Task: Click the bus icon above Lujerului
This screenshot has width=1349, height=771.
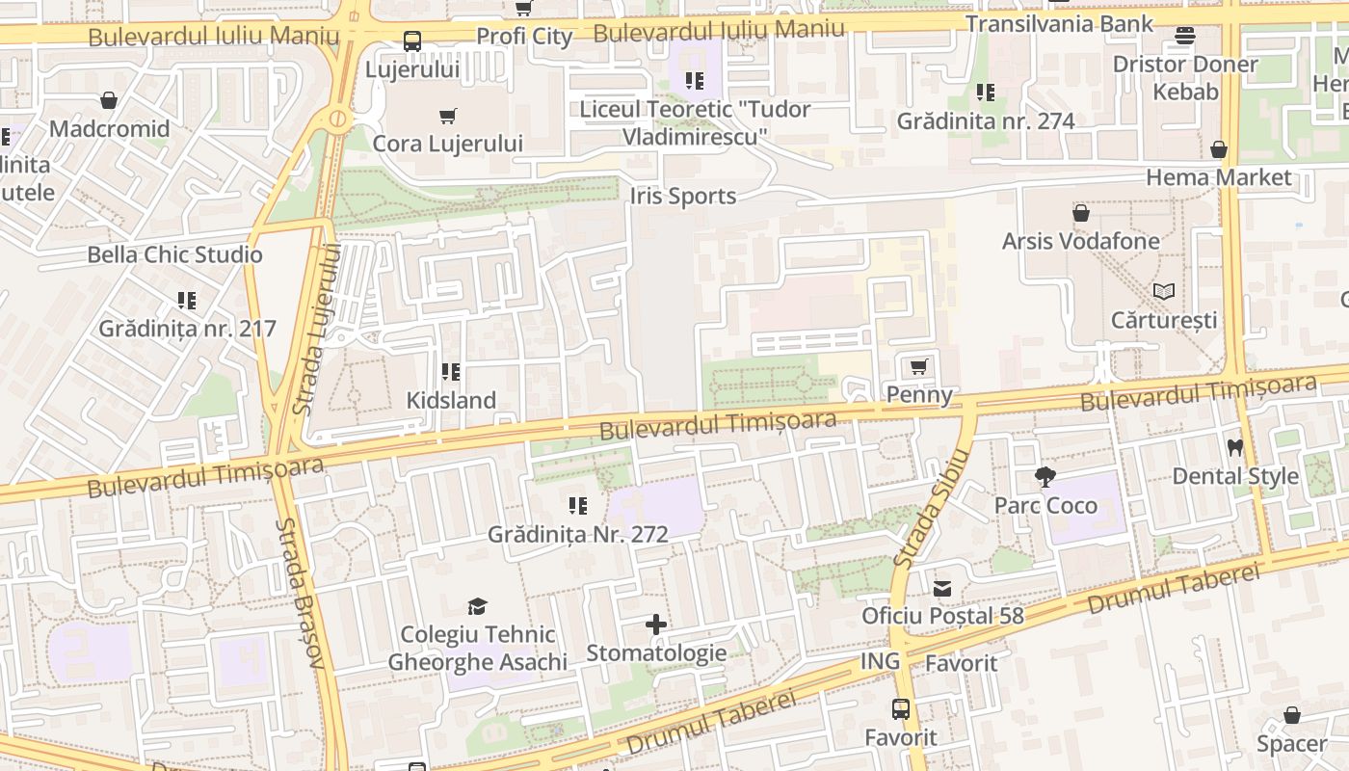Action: [x=411, y=41]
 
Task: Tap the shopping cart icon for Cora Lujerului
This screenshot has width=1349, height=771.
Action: [x=447, y=117]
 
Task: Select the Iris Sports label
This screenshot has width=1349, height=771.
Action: [x=682, y=197]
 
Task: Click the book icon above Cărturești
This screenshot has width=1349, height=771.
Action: [x=1164, y=291]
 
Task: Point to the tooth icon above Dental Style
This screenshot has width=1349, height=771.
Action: [x=1234, y=448]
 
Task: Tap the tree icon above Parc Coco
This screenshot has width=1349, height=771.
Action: [x=1045, y=477]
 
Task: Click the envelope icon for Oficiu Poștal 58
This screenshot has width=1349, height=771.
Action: [x=941, y=588]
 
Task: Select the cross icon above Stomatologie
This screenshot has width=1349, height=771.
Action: [x=656, y=625]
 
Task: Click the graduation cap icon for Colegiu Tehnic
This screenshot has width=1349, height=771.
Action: [x=477, y=606]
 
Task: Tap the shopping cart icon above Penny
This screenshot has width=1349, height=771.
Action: [x=918, y=367]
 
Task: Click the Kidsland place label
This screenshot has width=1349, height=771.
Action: [x=451, y=400]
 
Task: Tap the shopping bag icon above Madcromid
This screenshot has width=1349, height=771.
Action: [x=109, y=100]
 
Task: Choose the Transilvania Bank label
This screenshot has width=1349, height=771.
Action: [x=1059, y=24]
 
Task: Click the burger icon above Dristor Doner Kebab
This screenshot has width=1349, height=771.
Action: [x=1185, y=37]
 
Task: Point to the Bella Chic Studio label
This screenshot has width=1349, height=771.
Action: [x=174, y=255]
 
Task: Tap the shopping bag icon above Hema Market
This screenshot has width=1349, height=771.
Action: [x=1219, y=149]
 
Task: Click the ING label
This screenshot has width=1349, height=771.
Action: [x=880, y=661]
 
